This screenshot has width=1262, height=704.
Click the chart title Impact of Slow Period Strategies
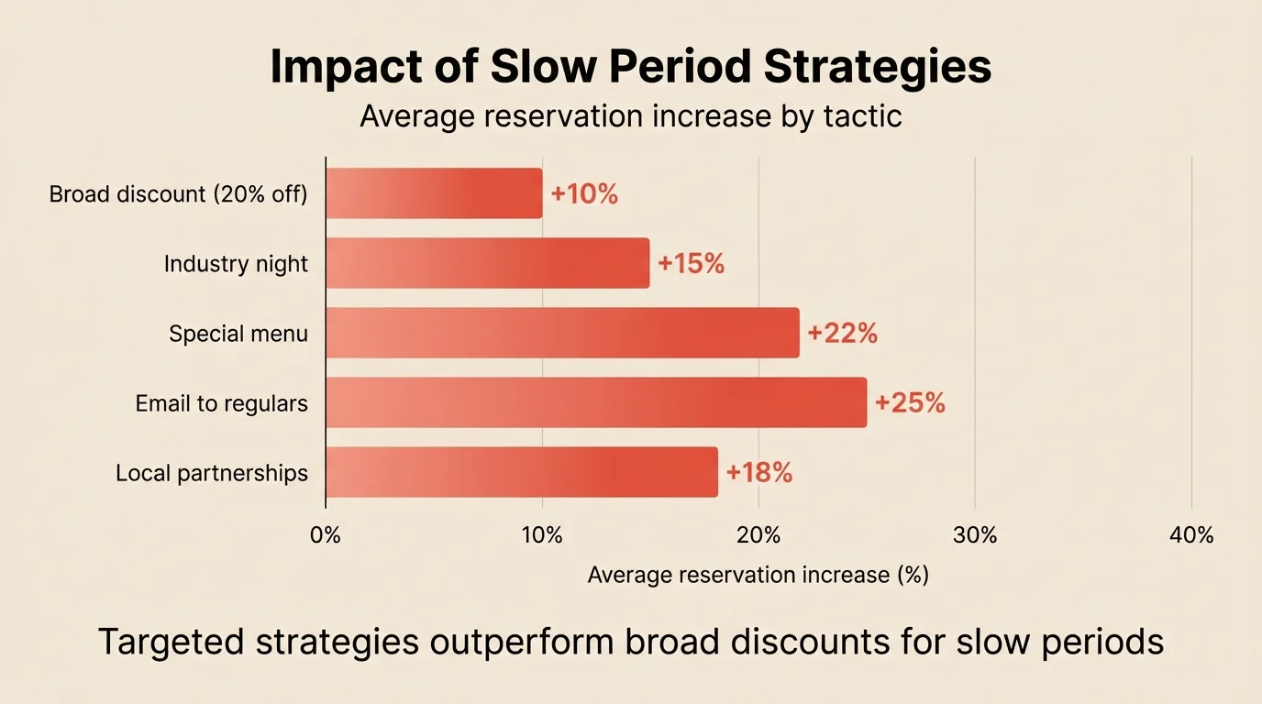coord(630,68)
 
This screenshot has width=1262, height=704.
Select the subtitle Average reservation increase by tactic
coord(630,117)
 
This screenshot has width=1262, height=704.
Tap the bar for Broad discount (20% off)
coord(434,193)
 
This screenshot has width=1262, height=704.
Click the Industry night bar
coord(487,263)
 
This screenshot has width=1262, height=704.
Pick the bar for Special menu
coord(562,333)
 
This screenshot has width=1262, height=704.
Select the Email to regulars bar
coord(596,402)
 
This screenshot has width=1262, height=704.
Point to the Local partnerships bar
coord(521,472)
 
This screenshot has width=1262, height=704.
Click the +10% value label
coord(584,194)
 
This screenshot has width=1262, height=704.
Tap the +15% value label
coord(692,264)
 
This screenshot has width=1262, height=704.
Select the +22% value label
coord(842,334)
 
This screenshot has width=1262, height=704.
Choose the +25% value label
coord(910,403)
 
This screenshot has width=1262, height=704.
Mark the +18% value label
coord(759,473)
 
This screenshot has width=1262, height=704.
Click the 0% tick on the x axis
coord(326,535)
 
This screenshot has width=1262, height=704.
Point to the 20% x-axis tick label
coord(758,535)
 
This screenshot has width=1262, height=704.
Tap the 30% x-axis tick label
coord(975,535)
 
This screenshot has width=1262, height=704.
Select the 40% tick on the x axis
coord(1191,535)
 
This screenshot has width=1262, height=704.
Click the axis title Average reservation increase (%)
coord(758,575)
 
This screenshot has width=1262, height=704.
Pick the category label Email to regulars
coord(222,403)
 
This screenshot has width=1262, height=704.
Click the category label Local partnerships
coord(212,473)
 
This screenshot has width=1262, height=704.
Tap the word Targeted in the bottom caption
coord(171,643)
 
